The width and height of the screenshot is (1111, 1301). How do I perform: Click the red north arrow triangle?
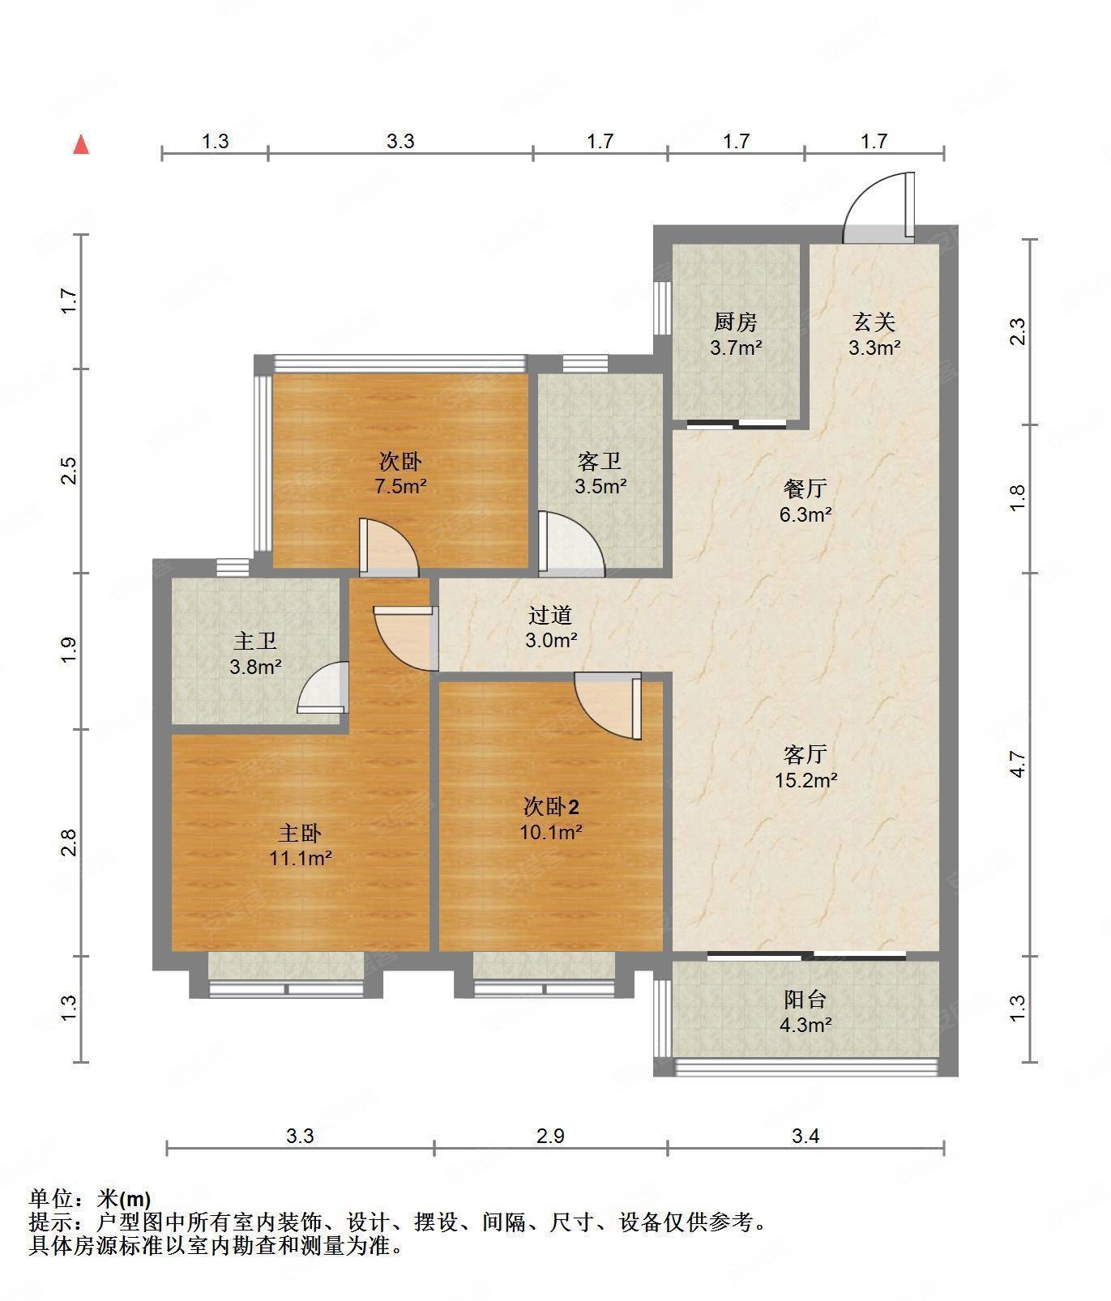(81, 145)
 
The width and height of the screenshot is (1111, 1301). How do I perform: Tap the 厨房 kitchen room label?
(736, 322)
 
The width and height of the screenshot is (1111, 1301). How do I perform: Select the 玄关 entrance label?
(874, 322)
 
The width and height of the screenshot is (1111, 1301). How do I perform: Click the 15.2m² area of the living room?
(805, 780)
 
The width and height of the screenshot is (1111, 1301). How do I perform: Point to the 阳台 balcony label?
(805, 1000)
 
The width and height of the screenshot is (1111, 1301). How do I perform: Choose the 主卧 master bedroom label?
(301, 833)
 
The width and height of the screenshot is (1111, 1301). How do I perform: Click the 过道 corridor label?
(550, 616)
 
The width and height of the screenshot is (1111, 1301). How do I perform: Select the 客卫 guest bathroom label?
(600, 462)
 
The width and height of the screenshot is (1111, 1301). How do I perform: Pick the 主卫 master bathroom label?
(255, 642)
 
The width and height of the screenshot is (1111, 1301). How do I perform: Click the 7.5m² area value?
(400, 487)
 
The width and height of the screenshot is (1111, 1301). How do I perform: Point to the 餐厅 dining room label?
(805, 488)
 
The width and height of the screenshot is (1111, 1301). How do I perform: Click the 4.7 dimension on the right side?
(1018, 764)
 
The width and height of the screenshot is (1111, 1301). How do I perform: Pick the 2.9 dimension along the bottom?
(550, 1136)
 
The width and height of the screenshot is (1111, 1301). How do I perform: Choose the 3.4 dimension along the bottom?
(805, 1136)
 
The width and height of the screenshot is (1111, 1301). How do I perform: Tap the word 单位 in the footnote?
(50, 1199)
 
